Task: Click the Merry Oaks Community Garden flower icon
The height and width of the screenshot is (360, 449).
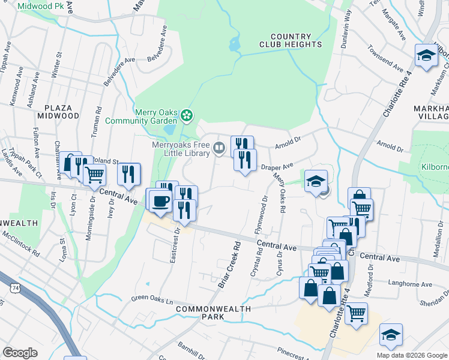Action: [x=187, y=115]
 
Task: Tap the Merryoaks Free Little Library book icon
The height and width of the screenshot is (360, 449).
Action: [x=220, y=148]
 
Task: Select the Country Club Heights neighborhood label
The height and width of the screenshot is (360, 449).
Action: [x=291, y=40]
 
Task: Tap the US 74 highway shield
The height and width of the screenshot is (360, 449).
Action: [x=11, y=288]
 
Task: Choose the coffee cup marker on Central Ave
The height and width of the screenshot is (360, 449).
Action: [x=160, y=200]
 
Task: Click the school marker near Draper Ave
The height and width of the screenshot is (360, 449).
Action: [x=316, y=181]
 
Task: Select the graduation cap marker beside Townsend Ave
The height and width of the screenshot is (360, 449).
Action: [x=426, y=56]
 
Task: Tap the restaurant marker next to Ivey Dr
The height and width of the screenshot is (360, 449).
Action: [x=129, y=174]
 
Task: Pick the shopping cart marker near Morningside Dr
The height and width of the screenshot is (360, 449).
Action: [x=94, y=175]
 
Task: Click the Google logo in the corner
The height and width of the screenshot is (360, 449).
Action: [x=20, y=352]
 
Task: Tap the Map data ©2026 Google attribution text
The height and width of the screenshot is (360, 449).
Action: [x=411, y=355]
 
